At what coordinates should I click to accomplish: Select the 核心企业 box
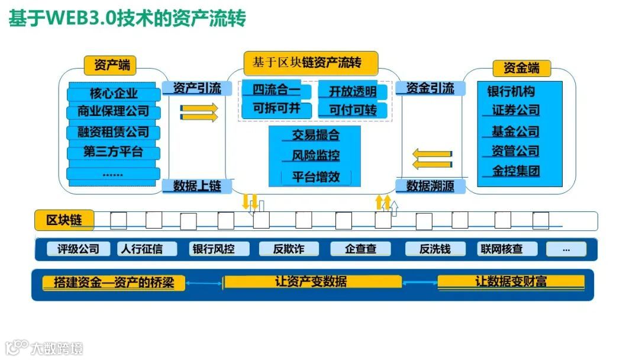[114, 94]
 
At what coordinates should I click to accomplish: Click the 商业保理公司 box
[114, 112]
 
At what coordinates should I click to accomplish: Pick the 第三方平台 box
[114, 152]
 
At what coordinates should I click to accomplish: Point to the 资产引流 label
[197, 89]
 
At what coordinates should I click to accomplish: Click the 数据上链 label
[197, 186]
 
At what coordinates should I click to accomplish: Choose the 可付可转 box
[353, 110]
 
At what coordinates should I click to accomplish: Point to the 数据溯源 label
[430, 186]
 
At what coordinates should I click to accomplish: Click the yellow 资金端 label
[521, 68]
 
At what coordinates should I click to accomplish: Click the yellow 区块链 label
[64, 220]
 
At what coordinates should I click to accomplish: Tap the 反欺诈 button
[289, 249]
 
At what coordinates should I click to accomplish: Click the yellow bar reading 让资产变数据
[311, 282]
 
